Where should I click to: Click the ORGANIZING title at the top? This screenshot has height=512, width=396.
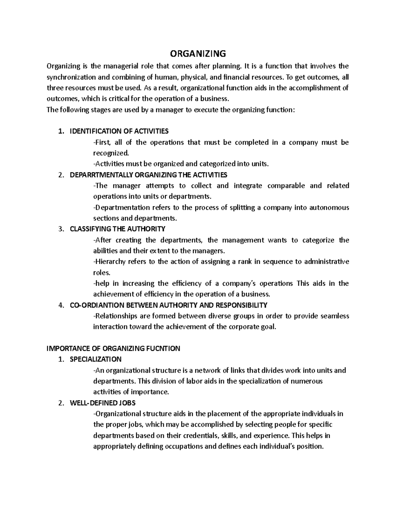(198, 53)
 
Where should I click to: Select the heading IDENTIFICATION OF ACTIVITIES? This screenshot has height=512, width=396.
(119, 131)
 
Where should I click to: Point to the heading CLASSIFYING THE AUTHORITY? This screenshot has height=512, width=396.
(117, 229)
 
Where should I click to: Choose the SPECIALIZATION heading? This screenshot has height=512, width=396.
(96, 359)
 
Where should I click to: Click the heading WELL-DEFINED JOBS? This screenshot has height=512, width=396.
(103, 403)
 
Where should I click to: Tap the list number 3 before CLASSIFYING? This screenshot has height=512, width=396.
(60, 229)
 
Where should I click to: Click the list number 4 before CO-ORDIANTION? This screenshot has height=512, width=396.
(60, 305)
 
